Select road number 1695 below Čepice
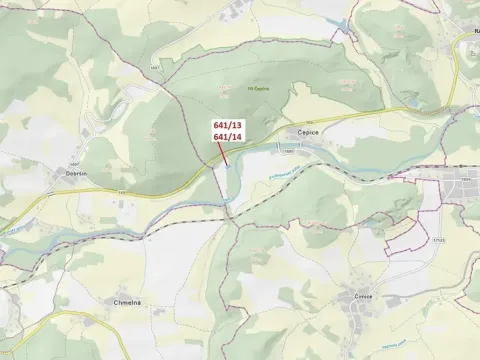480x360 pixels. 289,151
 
